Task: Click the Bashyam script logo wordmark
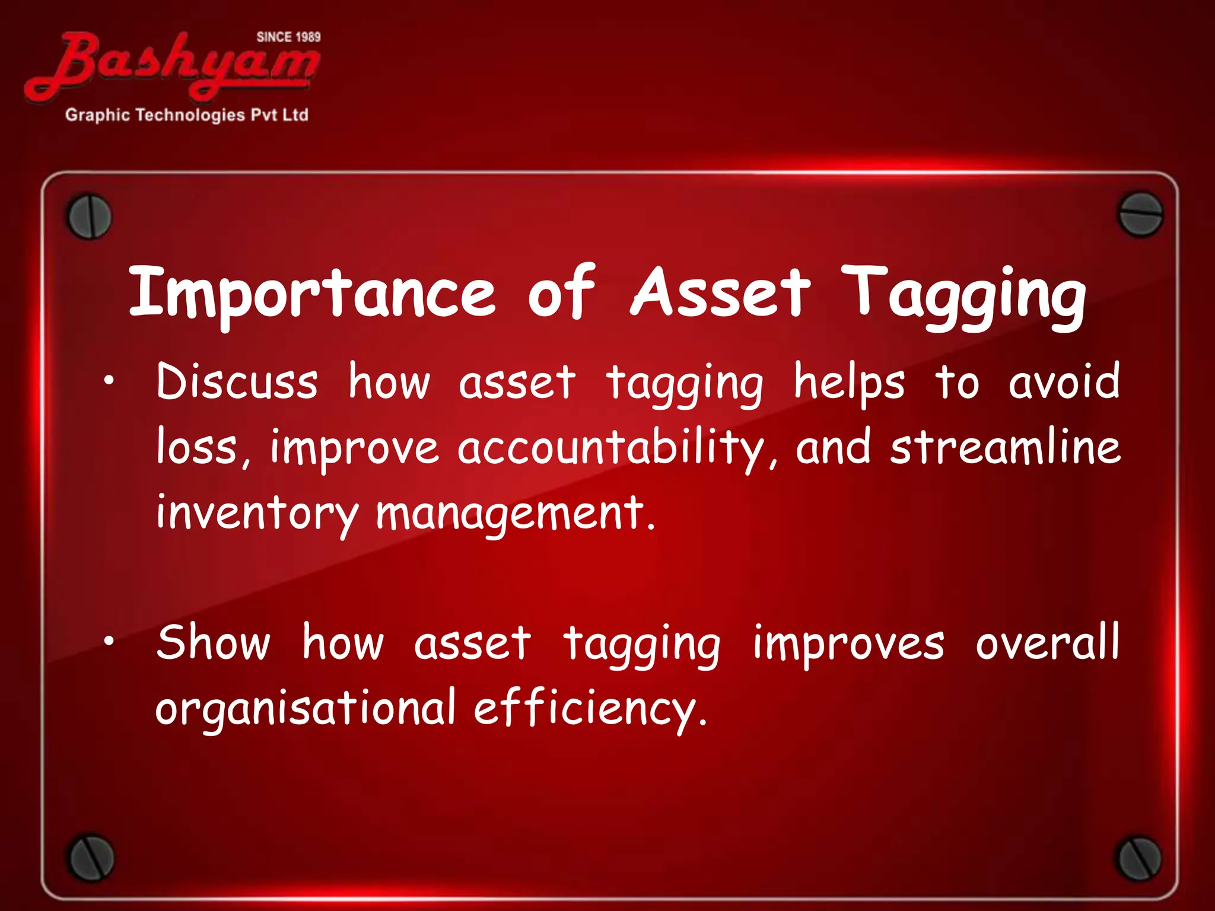172,65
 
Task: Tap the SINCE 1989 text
288,37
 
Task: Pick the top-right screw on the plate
1140,214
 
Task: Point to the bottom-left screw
90,858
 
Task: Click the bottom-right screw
1138,858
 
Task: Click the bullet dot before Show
107,643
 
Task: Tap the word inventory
257,514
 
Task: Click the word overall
1047,643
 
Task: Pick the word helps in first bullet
849,383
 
